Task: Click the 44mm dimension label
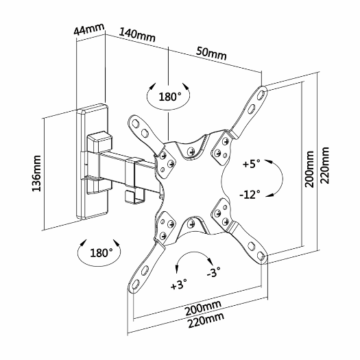click(89, 30)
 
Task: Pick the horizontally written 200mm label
click(202, 306)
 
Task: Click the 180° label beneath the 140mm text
click(169, 97)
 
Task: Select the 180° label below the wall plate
click(101, 252)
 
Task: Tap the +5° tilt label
click(252, 165)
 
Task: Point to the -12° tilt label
click(250, 194)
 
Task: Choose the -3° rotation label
click(214, 275)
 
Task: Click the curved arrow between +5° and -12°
click(276, 179)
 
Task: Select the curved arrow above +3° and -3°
click(193, 258)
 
